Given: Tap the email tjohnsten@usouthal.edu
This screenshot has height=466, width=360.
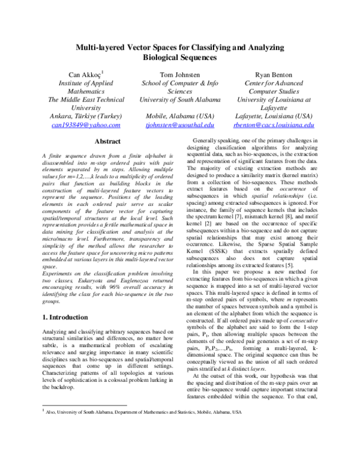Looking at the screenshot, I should click(x=180, y=125).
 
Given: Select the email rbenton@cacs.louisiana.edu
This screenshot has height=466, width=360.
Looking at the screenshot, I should click(x=274, y=125).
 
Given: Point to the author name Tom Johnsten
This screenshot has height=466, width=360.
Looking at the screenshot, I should click(x=180, y=74).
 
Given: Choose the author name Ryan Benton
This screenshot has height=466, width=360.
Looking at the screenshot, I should click(x=275, y=74).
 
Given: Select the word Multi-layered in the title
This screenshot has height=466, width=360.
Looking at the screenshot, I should click(x=100, y=47).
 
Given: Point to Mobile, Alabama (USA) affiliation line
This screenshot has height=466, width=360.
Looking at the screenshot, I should click(x=180, y=116).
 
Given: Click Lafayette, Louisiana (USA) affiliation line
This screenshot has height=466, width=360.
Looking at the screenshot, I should click(x=275, y=116).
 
